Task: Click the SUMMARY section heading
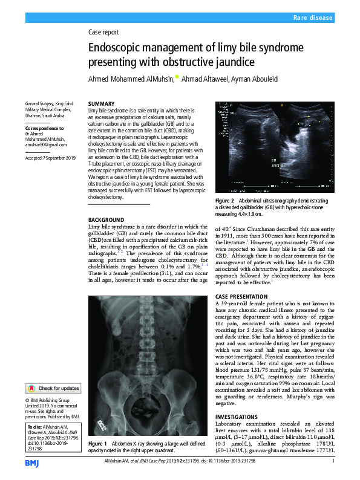pos(101,104)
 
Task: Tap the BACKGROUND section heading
pos(106,219)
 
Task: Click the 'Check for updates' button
pos(53,388)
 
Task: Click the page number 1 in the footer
pos(333,462)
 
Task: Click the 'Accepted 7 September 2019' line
pos(50,158)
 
